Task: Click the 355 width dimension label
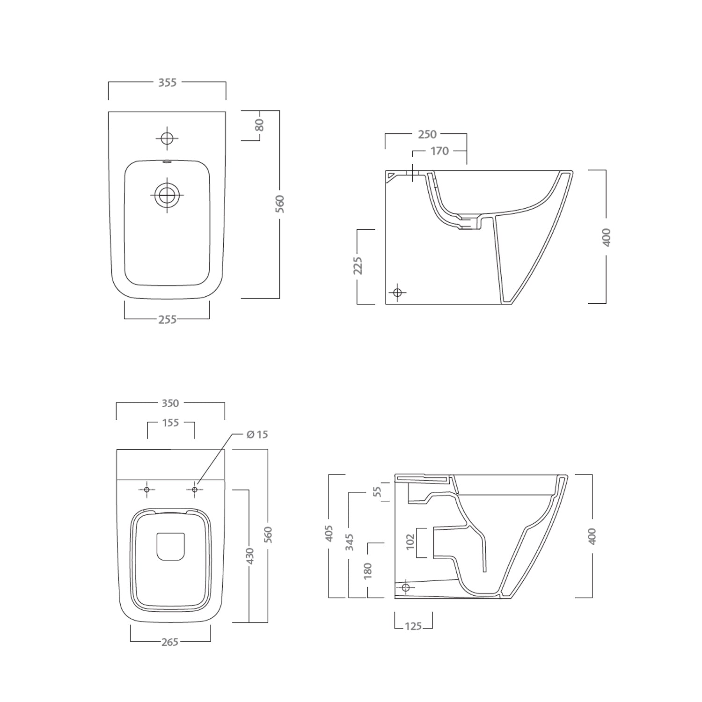167,82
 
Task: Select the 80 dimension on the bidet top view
260,125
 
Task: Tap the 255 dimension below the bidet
167,319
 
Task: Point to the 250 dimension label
427,134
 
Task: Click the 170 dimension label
439,151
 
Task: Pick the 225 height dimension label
358,265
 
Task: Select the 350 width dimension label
170,403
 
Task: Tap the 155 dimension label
170,423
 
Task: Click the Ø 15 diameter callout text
257,434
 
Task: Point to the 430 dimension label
249,556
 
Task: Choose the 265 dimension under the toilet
169,642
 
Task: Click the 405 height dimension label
329,534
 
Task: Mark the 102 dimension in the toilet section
410,542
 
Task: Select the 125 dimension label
413,626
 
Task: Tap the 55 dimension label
378,491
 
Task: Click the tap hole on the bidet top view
167,138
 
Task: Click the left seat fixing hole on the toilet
146,490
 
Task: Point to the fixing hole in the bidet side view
397,292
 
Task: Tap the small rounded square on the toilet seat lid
170,546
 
